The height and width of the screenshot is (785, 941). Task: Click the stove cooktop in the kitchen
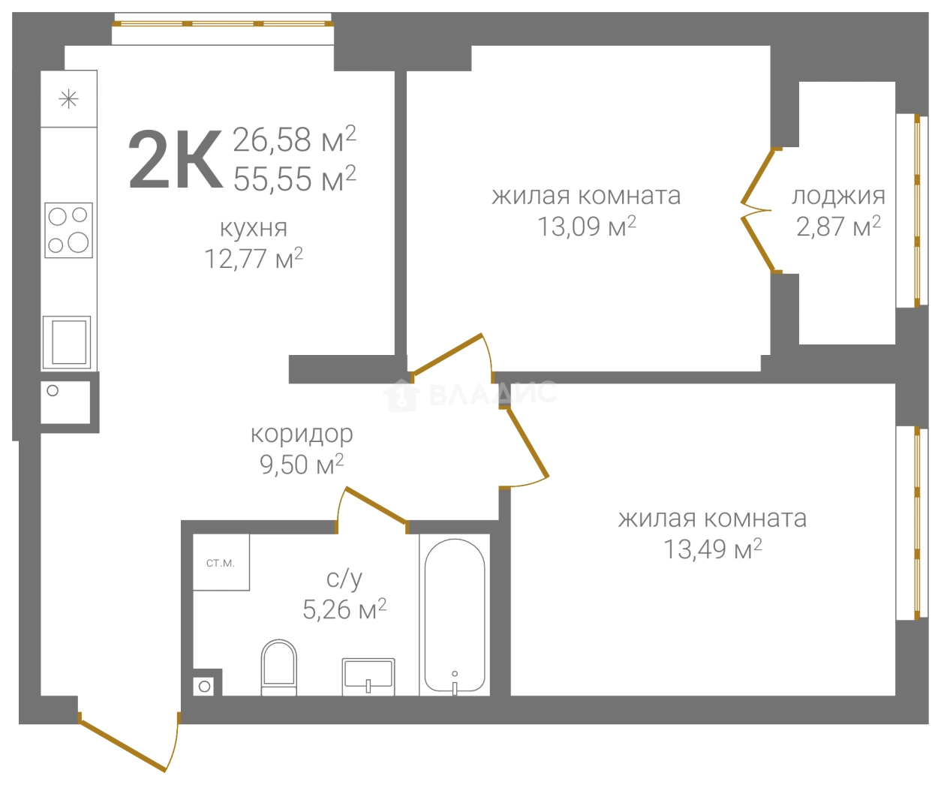click(x=68, y=230)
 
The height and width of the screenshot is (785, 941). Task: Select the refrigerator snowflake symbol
click(x=69, y=99)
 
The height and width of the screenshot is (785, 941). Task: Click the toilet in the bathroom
click(x=279, y=667)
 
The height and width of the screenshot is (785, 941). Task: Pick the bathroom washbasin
click(x=368, y=677)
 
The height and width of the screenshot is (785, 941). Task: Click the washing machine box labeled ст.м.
click(x=221, y=562)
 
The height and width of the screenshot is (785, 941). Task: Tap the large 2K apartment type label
click(x=176, y=159)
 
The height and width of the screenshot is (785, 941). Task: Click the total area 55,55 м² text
click(x=295, y=179)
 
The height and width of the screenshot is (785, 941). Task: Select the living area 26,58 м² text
click(x=295, y=140)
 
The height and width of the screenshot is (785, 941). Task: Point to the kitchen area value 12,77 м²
click(x=254, y=258)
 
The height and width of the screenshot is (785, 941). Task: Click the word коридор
click(x=302, y=435)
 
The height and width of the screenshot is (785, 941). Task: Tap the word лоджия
click(x=838, y=197)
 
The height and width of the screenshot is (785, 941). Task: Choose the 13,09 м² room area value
click(x=587, y=226)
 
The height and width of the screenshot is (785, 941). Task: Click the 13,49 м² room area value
click(x=713, y=549)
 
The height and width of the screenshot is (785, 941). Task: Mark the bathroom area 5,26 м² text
click(x=344, y=609)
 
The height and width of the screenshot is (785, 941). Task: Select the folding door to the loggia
click(x=759, y=210)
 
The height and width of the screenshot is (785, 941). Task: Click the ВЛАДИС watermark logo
click(x=470, y=396)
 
